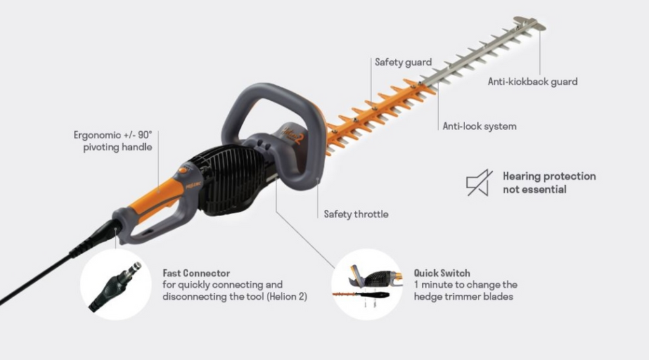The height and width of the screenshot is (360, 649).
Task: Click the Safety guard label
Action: pos(403,62)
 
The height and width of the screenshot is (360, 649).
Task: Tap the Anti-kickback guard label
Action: pos(532,82)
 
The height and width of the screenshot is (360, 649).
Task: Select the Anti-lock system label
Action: pos(480,126)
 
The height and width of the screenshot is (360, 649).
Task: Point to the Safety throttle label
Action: pos(356,214)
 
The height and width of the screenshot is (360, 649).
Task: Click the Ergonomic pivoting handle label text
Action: pos(113,141)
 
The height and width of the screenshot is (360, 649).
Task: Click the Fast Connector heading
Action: pos(196,273)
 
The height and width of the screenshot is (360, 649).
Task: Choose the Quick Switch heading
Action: pos(442,273)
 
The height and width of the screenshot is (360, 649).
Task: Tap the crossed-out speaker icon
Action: pos(479,183)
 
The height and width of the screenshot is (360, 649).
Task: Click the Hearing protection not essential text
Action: pos(549,183)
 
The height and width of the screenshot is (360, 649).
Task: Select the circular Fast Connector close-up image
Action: pos(116,285)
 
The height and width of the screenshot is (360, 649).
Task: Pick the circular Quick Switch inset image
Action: pos(367,285)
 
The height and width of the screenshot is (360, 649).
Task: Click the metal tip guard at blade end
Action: pos(530,23)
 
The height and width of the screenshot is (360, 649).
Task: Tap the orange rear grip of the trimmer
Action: pos(157,198)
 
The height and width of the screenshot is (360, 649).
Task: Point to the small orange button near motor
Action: pos(183,170)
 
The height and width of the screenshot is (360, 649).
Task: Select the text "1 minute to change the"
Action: pos(466,285)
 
